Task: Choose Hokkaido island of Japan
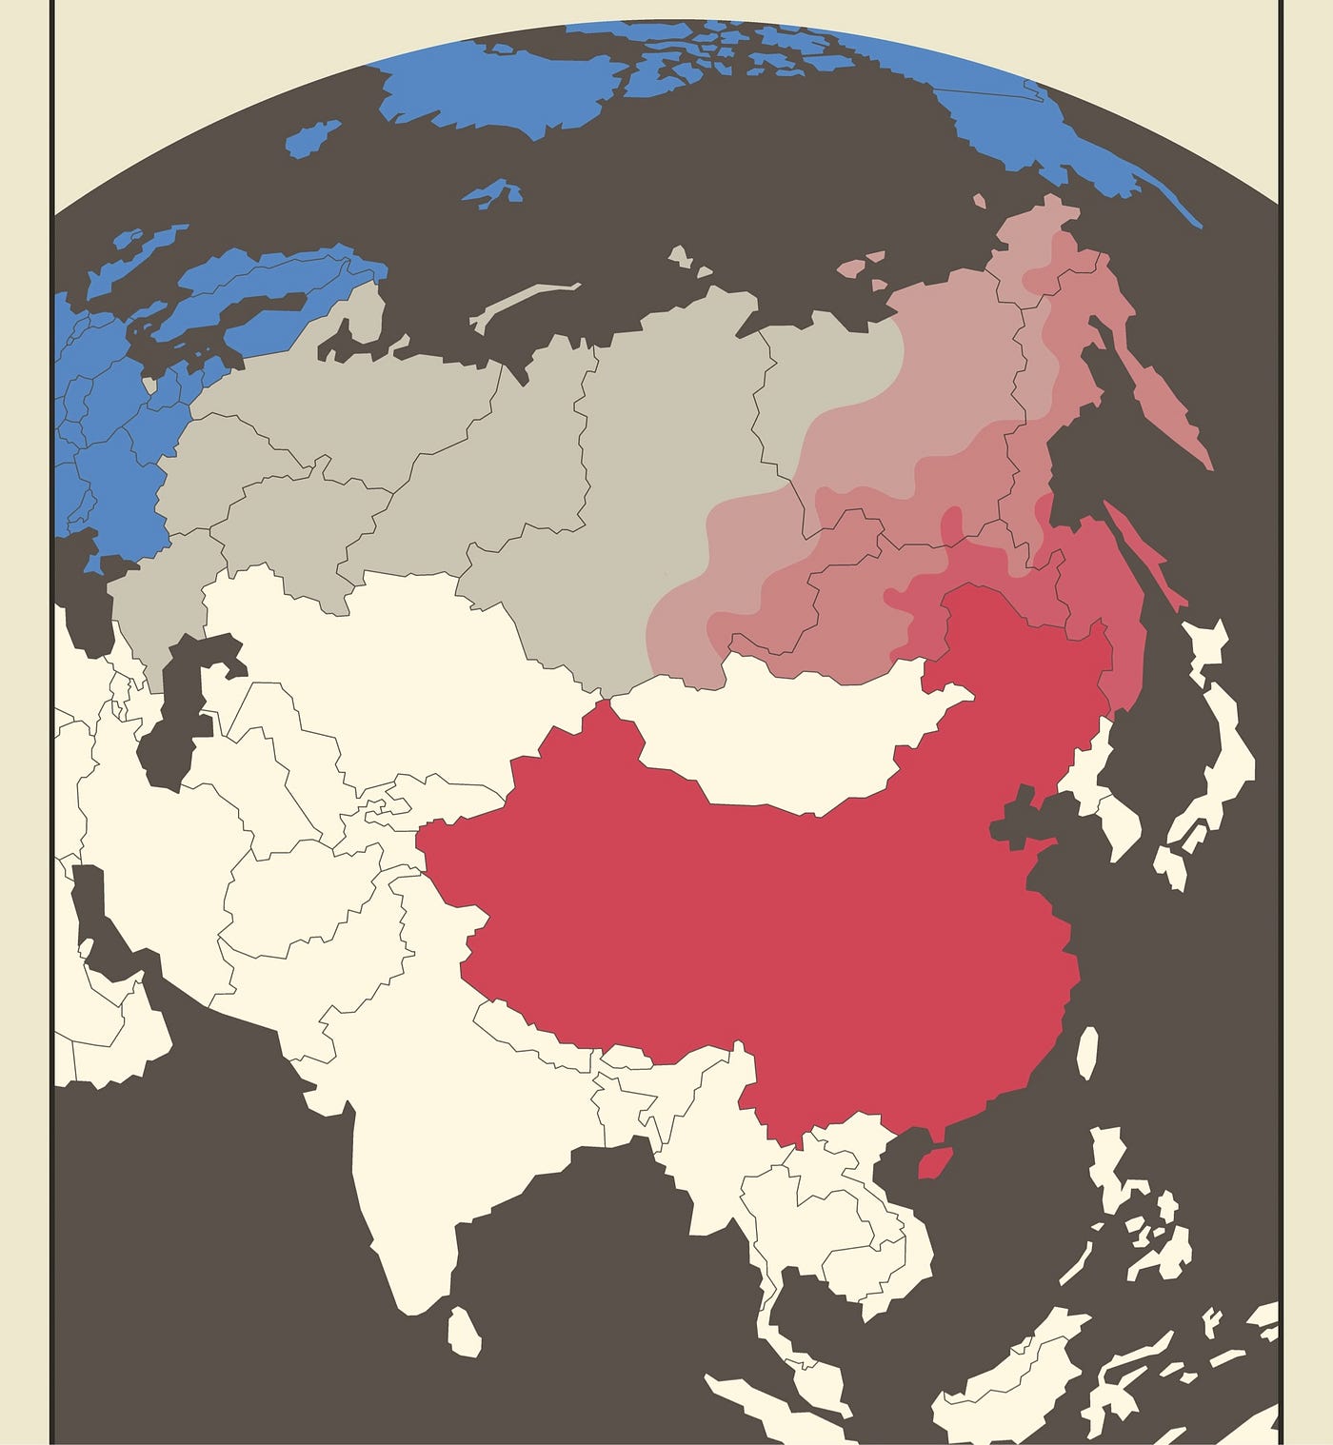pos(1204,647)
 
